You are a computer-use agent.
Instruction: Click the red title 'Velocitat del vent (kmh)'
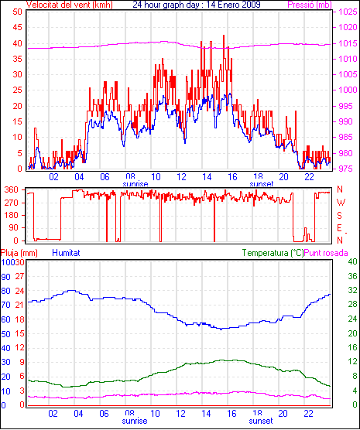click(69, 5)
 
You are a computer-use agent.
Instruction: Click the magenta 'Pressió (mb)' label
click(310, 5)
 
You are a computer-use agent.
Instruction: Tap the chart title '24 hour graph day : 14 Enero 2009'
click(197, 5)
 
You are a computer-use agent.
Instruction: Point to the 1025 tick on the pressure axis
click(348, 12)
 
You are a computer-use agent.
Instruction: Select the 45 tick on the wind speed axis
click(17, 27)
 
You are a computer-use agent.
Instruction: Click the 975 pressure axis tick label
click(348, 169)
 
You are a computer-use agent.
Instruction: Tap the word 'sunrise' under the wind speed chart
click(135, 184)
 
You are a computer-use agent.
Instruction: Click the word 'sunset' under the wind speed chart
click(262, 184)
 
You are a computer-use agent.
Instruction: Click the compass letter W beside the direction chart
click(341, 203)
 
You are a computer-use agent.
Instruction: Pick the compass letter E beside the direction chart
click(340, 228)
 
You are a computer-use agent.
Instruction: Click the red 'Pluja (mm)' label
click(19, 253)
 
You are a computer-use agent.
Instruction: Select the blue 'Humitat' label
click(66, 253)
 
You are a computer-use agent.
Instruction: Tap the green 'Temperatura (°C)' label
click(273, 253)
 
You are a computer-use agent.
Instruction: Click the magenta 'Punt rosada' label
click(326, 253)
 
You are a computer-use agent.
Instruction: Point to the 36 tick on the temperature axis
click(352, 276)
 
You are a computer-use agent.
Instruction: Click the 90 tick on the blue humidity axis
click(5, 277)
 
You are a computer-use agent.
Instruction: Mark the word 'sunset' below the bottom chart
click(261, 421)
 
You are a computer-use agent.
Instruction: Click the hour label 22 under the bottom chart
click(308, 413)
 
